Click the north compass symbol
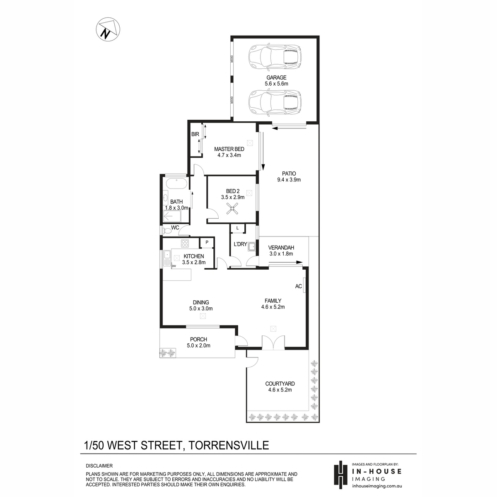(x=108, y=29)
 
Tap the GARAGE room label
(x=276, y=77)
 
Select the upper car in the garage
(x=275, y=57)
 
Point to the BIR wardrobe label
(x=195, y=134)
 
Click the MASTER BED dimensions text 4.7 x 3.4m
(x=229, y=155)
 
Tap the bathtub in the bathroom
(x=176, y=183)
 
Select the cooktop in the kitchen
(x=185, y=243)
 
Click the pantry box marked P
(x=207, y=242)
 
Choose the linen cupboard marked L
(x=237, y=228)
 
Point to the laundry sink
(x=251, y=247)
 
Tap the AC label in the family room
(x=298, y=286)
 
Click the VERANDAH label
(x=281, y=248)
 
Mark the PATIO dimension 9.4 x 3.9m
(x=289, y=180)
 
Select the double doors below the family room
(x=273, y=343)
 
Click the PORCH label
(x=199, y=340)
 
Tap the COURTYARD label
(x=280, y=384)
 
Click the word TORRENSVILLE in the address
(x=229, y=445)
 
